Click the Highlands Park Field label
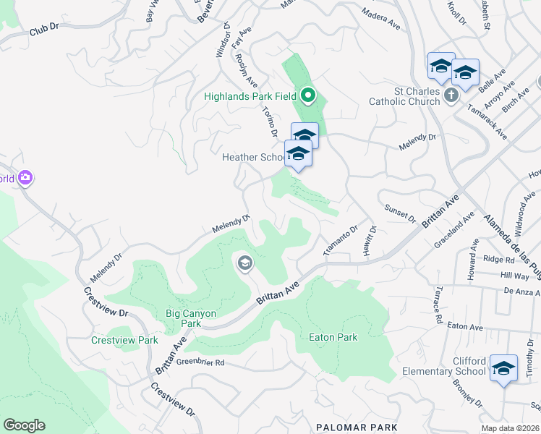click(x=250, y=96)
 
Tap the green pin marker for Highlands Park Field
click(x=308, y=95)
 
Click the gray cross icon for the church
click(x=451, y=95)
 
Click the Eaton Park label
click(x=333, y=337)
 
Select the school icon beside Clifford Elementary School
click(x=503, y=368)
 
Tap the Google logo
click(x=24, y=425)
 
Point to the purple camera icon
click(x=26, y=177)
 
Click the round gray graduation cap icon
click(x=244, y=263)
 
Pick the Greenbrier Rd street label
click(x=201, y=362)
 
